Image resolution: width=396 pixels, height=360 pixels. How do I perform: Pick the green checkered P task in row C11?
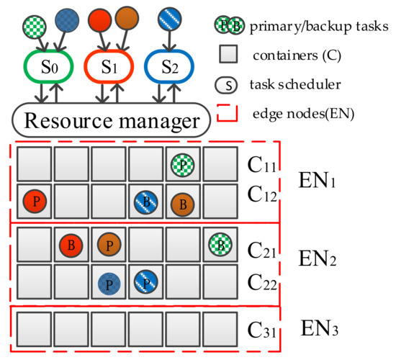(x=182, y=165)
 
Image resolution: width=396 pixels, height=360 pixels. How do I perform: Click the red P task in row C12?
(x=33, y=202)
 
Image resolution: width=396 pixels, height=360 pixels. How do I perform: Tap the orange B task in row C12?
(x=182, y=203)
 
